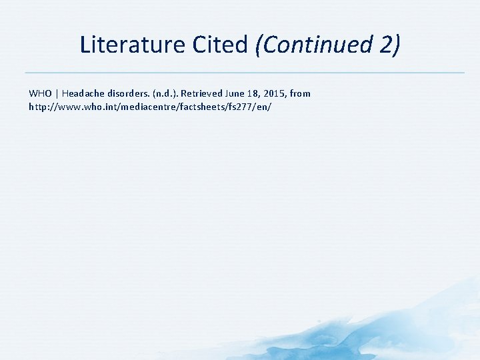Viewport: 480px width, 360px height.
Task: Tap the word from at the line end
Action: tap(301, 93)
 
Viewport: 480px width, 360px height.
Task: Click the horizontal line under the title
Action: tap(244, 72)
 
